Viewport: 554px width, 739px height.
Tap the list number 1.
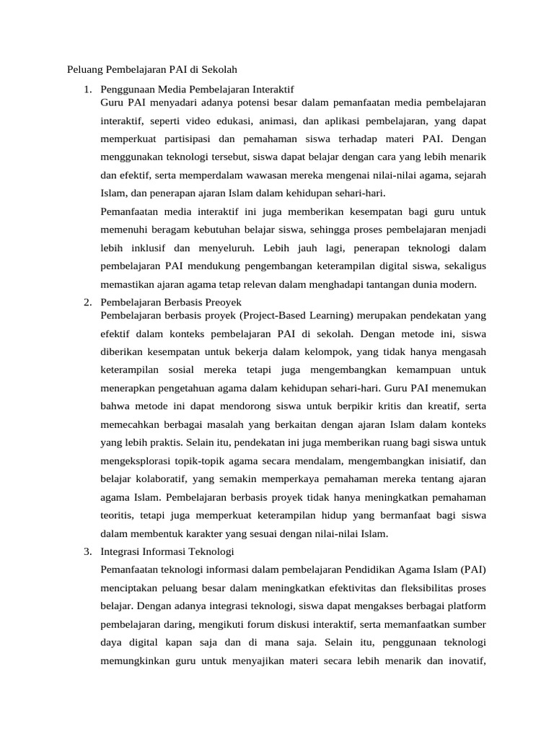(x=87, y=90)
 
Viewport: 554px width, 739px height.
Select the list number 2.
(x=87, y=301)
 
